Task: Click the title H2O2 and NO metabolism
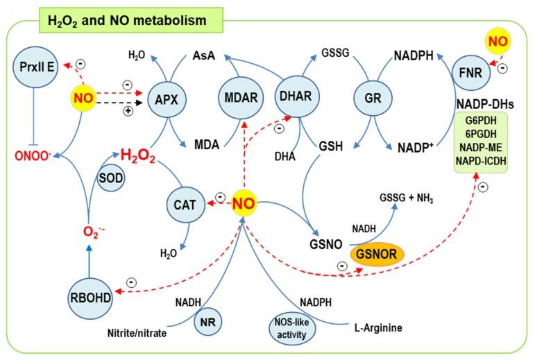pos(127,22)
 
